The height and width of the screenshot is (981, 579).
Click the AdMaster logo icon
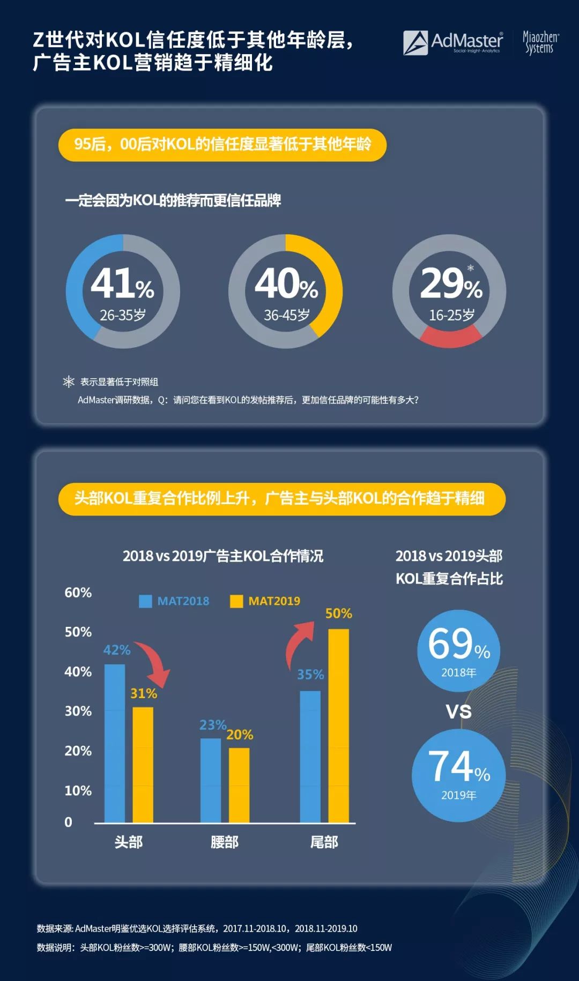(x=415, y=43)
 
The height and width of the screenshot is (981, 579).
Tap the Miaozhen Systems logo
(x=540, y=43)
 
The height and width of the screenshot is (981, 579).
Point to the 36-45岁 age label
(x=287, y=315)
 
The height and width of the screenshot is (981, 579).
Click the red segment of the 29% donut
(x=450, y=337)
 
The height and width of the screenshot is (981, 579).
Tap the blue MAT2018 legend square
(x=145, y=601)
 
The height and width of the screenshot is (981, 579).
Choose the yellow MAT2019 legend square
(x=236, y=601)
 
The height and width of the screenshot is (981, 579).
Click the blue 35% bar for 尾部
(x=310, y=757)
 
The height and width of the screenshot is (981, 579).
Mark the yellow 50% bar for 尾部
(x=339, y=726)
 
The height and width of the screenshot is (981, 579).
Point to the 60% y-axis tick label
(x=78, y=593)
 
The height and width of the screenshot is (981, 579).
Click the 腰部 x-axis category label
(x=225, y=842)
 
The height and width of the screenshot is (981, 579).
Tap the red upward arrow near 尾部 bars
(x=299, y=642)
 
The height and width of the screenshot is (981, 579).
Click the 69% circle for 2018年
(x=458, y=650)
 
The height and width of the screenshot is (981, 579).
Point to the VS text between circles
(x=459, y=712)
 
